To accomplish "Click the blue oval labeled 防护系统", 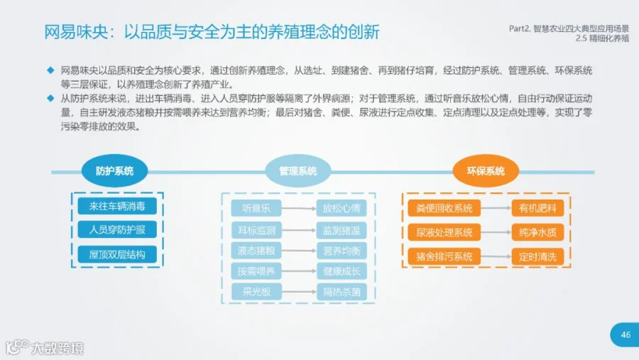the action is [114, 171].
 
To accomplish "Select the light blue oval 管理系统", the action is [298, 171].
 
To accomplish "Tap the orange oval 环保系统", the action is [486, 171].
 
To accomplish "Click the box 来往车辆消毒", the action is [117, 207].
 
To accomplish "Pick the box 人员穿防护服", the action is [117, 229].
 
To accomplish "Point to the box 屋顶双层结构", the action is [117, 254].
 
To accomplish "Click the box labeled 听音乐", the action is [256, 208].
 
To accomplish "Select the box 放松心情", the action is [342, 208].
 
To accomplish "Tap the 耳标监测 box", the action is [256, 230].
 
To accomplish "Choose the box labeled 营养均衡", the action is [342, 251].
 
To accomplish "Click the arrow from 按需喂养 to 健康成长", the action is [299, 271].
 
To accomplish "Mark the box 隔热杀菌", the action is [342, 292].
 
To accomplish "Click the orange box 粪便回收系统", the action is [444, 208].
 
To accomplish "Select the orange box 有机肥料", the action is [537, 208].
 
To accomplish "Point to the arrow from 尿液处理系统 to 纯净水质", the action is [496, 232].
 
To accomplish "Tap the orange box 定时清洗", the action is [537, 257].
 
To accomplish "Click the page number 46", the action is [626, 334].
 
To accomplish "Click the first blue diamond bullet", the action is [50, 70].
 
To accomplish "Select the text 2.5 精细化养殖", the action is [602, 38].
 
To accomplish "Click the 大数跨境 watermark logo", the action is [45, 348].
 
